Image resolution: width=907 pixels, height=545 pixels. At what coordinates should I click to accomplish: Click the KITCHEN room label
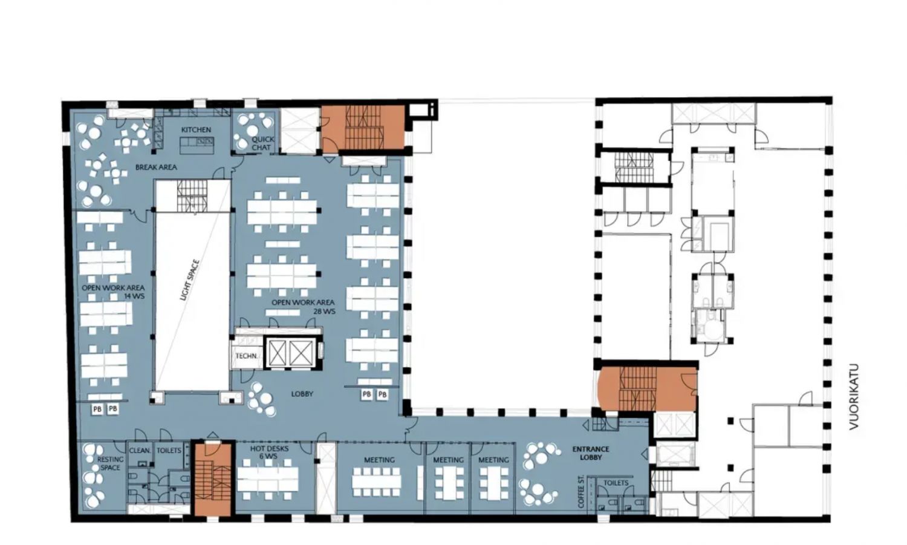click(x=196, y=129)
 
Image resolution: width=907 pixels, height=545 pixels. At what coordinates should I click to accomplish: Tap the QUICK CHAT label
click(x=262, y=143)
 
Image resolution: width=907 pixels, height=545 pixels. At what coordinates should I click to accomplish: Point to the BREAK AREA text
click(x=156, y=167)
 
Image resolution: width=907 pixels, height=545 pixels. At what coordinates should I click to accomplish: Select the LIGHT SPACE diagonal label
click(x=189, y=279)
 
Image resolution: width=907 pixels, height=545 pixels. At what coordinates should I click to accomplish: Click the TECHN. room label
click(x=247, y=356)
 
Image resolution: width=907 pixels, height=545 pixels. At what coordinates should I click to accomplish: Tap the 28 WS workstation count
click(x=324, y=312)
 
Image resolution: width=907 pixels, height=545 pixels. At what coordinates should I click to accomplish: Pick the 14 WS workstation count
click(x=134, y=296)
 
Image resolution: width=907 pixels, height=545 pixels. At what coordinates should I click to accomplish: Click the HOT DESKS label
click(x=269, y=449)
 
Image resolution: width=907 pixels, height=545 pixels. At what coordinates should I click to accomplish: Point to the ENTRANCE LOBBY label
click(x=591, y=453)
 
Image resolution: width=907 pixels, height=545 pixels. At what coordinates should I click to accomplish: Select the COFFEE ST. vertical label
click(x=582, y=491)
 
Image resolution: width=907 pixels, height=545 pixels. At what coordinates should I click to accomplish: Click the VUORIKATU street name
click(x=854, y=397)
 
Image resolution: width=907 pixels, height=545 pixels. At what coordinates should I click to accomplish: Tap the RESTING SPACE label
click(x=110, y=463)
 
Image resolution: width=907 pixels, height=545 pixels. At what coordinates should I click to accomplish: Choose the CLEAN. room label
click(x=140, y=451)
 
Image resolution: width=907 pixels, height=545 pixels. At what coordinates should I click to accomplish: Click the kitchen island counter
click(x=197, y=145)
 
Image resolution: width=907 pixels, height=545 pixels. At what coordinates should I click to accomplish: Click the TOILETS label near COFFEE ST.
click(x=616, y=483)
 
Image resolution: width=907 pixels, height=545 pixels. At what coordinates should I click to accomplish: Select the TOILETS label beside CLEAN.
click(x=169, y=451)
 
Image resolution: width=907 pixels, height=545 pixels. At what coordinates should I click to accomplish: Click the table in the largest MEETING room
click(x=377, y=481)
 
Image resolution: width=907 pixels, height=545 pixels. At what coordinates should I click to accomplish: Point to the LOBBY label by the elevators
click(x=302, y=394)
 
